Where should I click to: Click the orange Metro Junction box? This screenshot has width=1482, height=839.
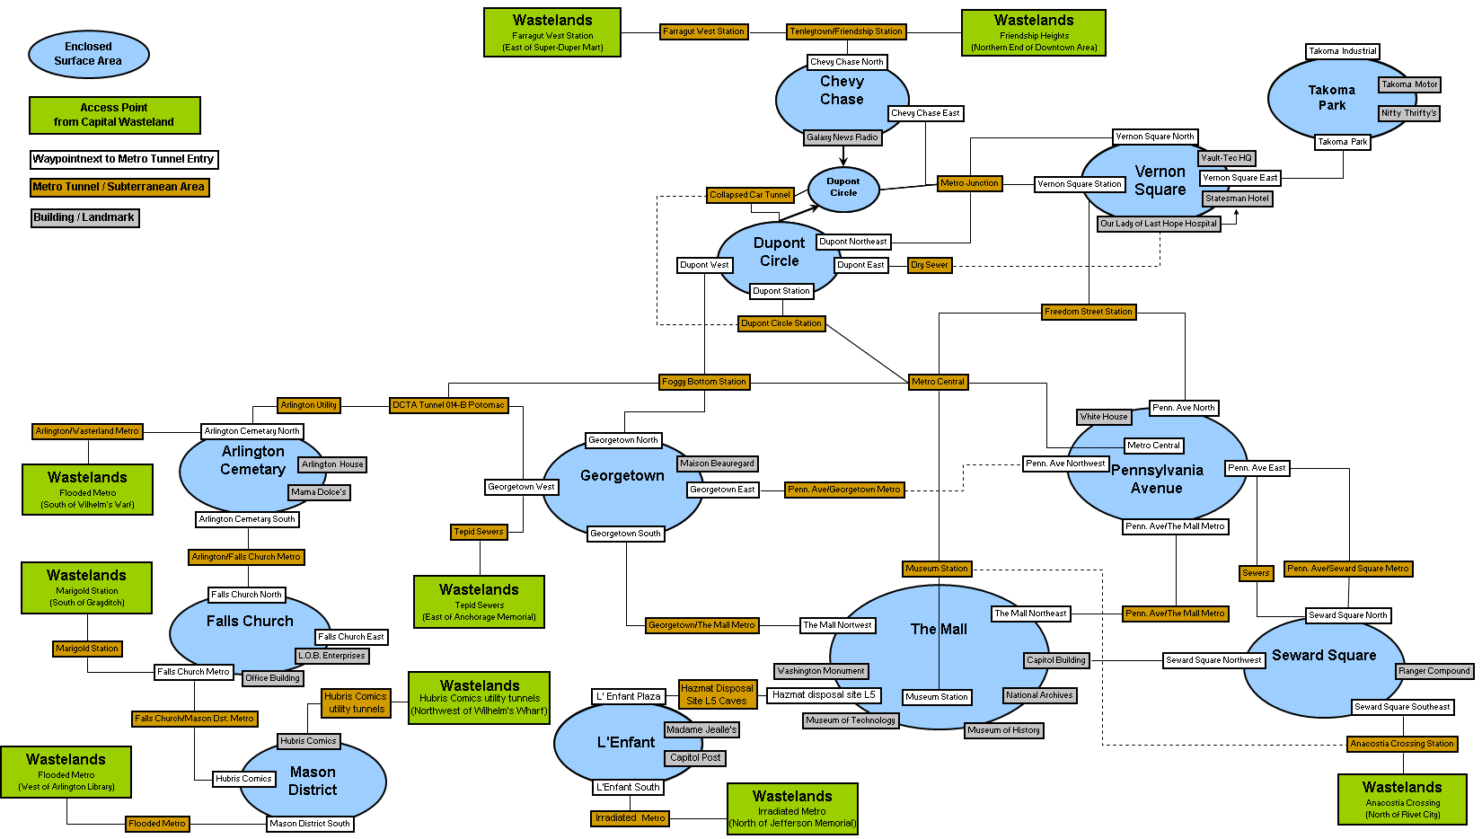[x=969, y=183]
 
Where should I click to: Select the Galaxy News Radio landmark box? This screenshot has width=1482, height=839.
[x=842, y=137]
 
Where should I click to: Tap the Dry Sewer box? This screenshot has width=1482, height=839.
[x=930, y=265]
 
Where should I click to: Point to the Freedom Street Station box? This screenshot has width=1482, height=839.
[x=1089, y=312]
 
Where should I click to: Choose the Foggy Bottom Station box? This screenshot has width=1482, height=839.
[x=704, y=382]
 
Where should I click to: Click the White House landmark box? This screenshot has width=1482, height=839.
[x=1104, y=417]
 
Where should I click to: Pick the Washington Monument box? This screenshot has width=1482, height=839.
[x=821, y=671]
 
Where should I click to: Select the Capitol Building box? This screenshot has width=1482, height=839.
[x=1056, y=660]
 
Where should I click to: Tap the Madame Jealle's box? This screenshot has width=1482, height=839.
[x=701, y=729]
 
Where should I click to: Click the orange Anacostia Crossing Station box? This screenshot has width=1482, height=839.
[x=1402, y=744]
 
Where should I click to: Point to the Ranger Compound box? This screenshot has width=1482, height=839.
[x=1434, y=671]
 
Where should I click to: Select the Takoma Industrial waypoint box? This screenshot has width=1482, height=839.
[x=1343, y=51]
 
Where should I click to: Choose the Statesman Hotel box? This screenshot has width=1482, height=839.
[x=1237, y=199]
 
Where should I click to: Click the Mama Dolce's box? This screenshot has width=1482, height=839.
[x=319, y=492]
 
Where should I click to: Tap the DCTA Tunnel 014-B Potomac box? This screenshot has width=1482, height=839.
[x=449, y=405]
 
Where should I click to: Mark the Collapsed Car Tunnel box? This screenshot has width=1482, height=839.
[x=750, y=195]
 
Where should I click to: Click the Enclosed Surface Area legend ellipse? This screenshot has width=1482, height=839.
[x=89, y=54]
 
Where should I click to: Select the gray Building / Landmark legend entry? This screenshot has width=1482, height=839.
[x=84, y=217]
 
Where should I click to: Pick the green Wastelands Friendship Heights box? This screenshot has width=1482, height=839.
[x=1034, y=33]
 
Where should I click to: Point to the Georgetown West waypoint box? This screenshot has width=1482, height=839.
[x=521, y=487]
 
